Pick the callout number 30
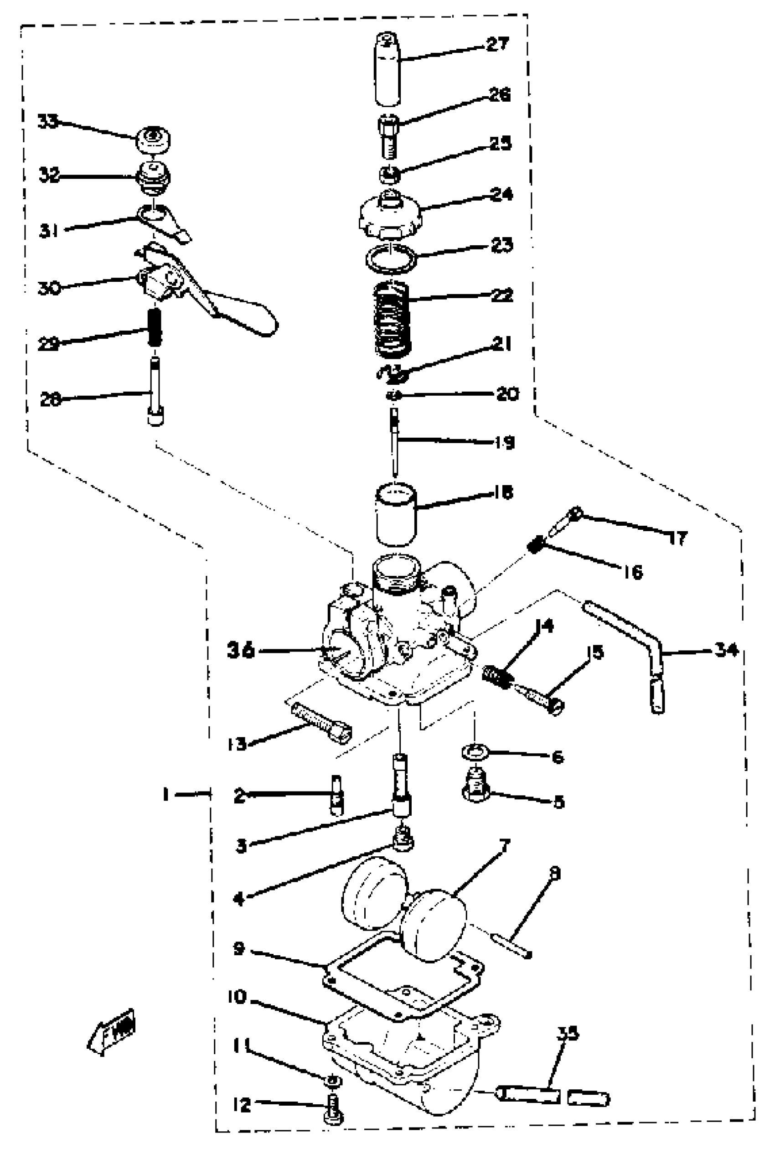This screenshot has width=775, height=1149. (49, 288)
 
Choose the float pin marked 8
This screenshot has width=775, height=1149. (511, 947)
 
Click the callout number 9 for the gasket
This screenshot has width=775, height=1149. (239, 948)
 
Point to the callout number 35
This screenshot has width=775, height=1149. (568, 1033)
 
